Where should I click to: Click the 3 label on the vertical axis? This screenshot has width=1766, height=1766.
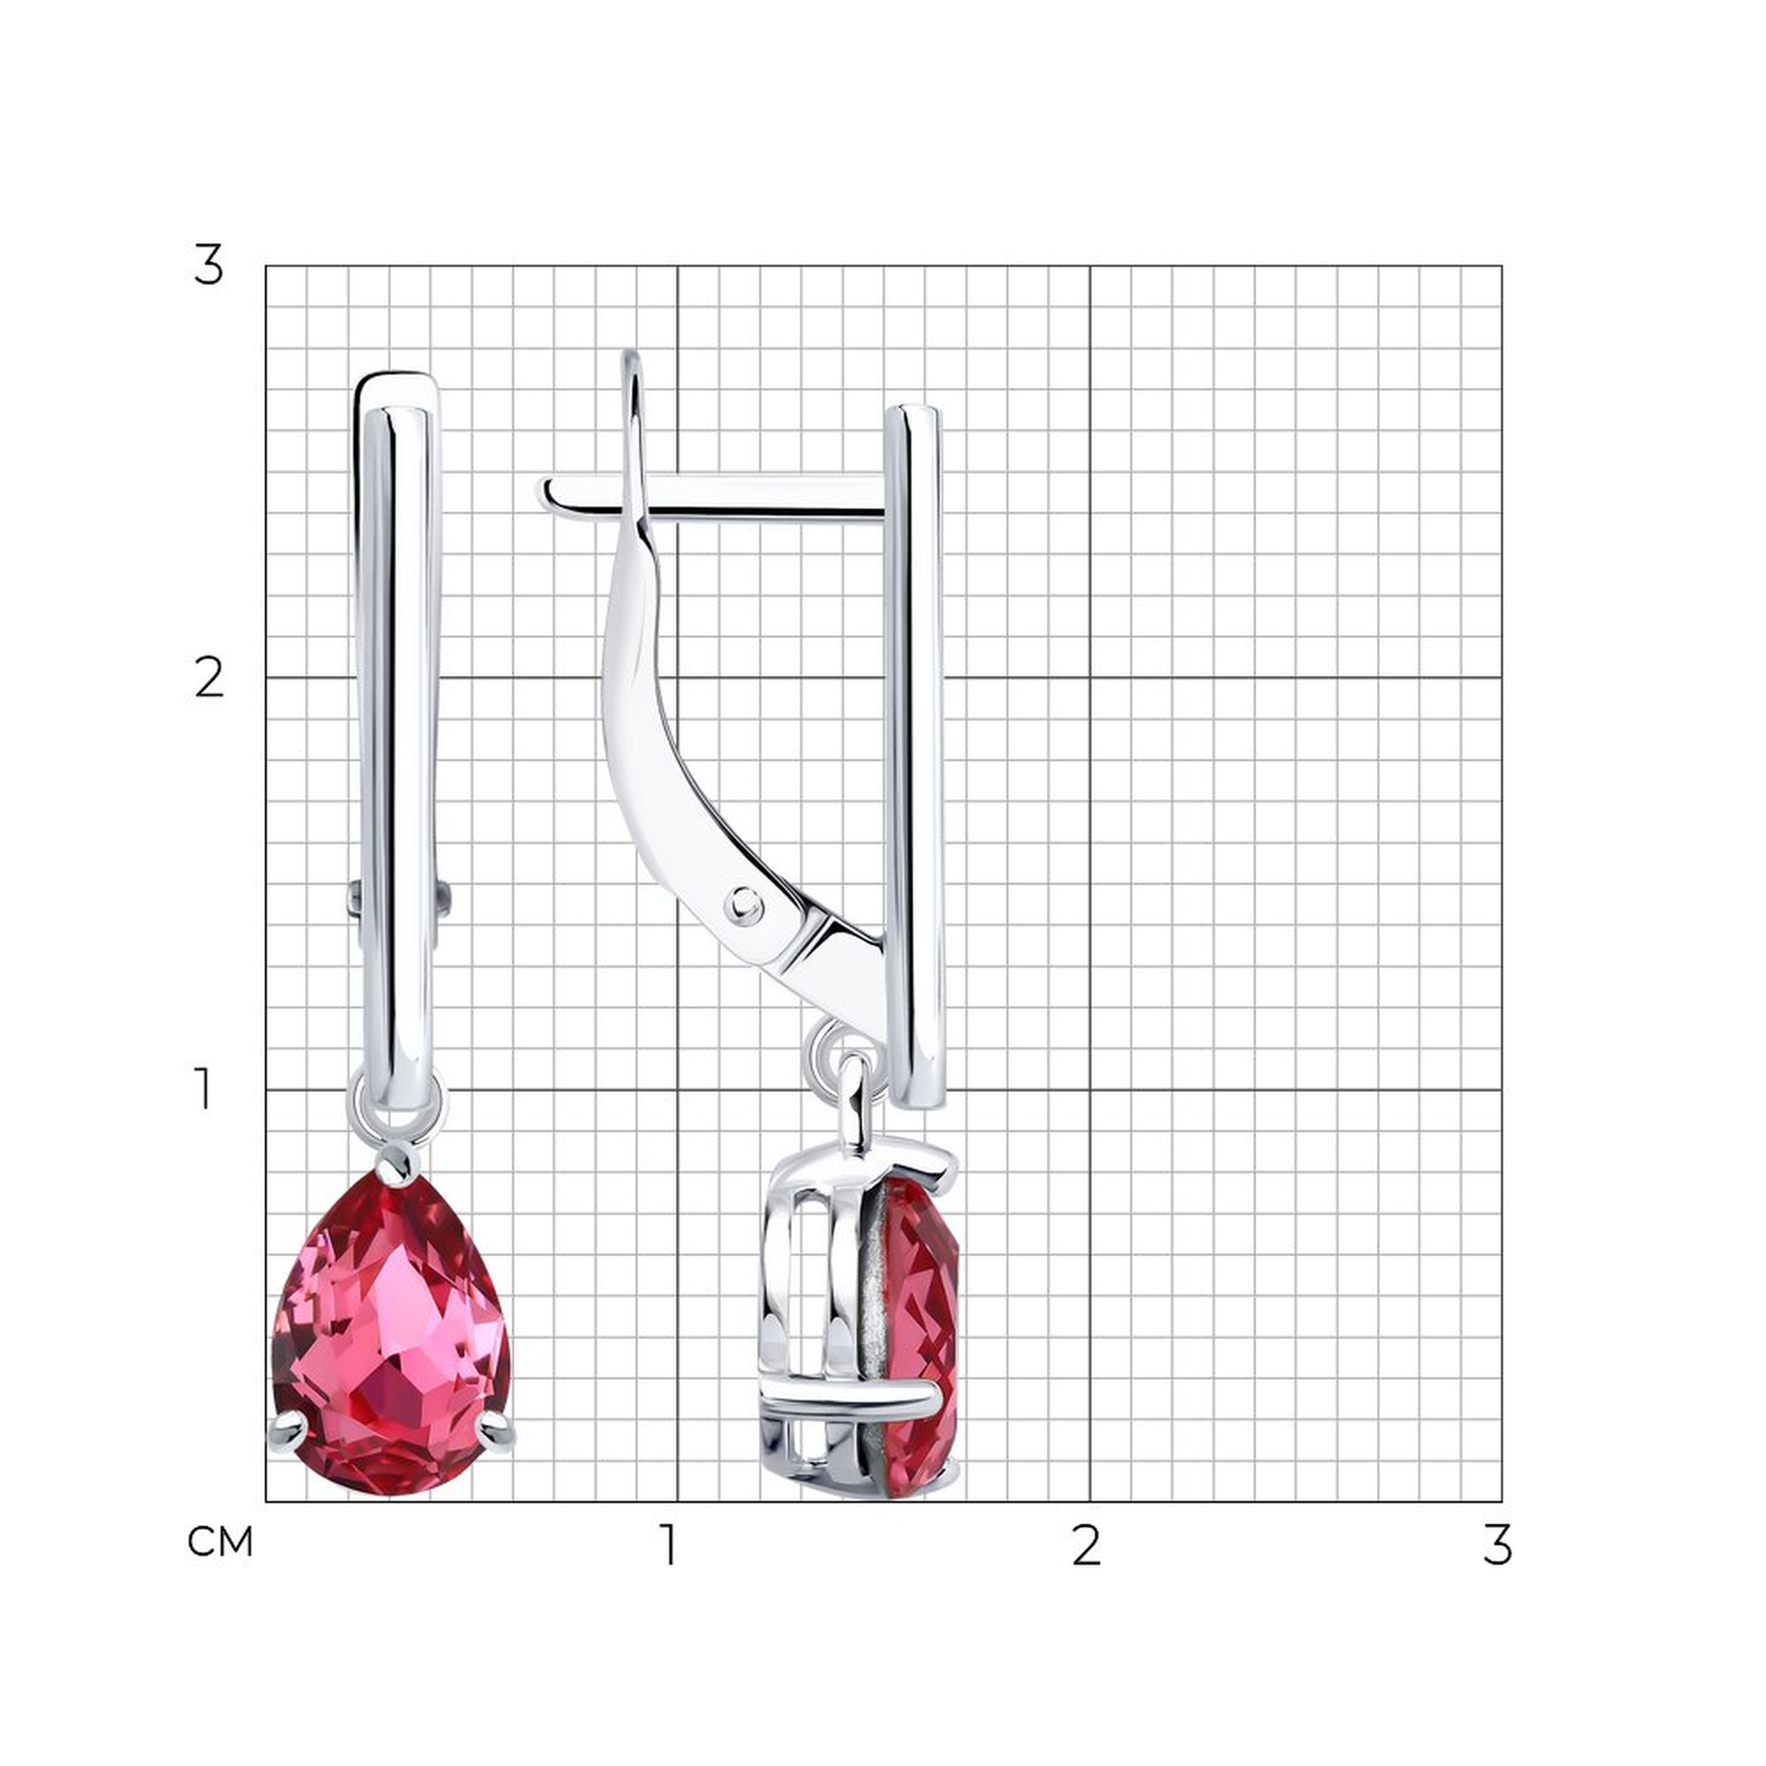pyautogui.click(x=208, y=266)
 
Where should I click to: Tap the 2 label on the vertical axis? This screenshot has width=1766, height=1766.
pyautogui.click(x=209, y=679)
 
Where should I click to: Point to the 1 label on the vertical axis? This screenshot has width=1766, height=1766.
pyautogui.click(x=205, y=1091)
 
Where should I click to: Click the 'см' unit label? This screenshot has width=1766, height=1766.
pyautogui.click(x=219, y=1543)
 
